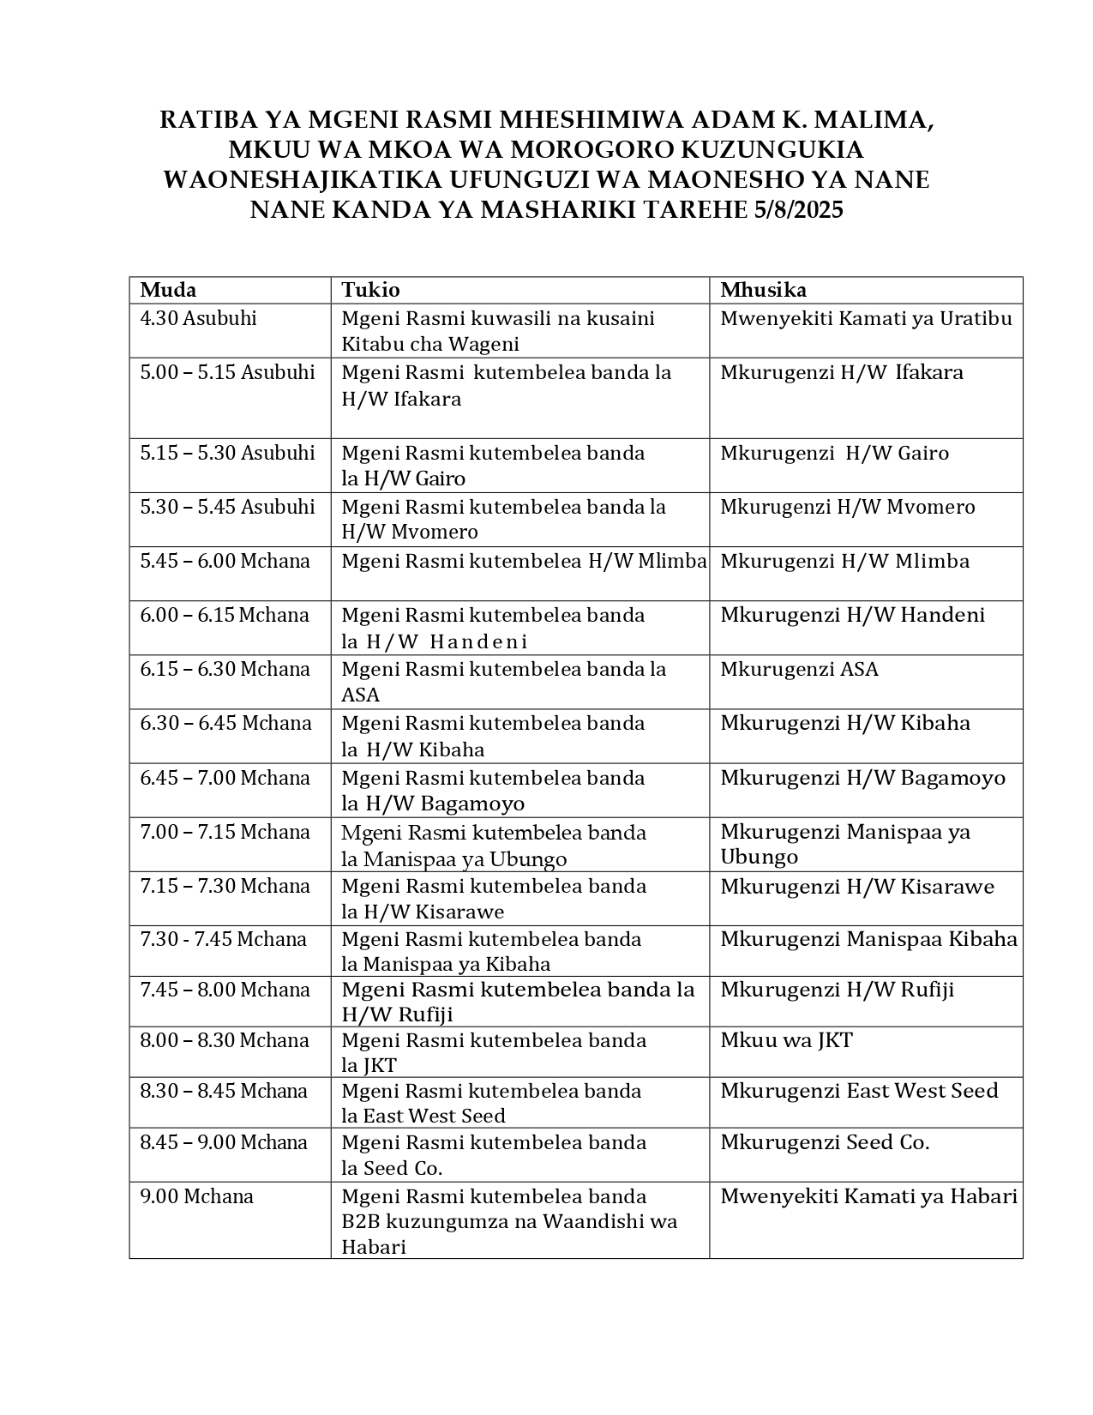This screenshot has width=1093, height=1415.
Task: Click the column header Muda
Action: point(168,290)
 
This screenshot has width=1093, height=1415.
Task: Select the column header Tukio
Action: point(370,290)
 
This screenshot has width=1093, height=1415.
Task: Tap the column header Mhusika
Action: point(763,290)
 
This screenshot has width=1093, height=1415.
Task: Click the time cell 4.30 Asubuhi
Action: point(199,319)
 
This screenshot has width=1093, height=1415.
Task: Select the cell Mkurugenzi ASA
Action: point(799,669)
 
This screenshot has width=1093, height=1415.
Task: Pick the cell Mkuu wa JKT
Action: point(786,1041)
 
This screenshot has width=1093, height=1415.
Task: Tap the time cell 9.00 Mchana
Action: point(197,1196)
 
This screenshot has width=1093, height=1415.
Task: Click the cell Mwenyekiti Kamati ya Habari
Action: point(868,1196)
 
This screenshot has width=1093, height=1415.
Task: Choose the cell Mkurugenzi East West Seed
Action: point(859,1091)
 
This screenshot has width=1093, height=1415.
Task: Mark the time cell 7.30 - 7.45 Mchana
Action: point(224,940)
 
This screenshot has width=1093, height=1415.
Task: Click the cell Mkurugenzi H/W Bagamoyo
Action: point(862,778)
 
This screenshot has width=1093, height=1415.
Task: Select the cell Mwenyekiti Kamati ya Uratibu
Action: point(866,319)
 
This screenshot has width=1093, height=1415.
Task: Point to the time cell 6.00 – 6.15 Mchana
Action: point(225,616)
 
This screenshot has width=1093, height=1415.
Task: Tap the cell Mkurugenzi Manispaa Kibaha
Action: point(868,940)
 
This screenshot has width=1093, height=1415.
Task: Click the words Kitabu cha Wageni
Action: point(430,345)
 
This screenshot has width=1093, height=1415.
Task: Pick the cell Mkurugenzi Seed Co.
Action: point(825,1142)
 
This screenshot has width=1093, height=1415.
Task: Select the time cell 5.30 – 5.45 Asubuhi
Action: point(228,507)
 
